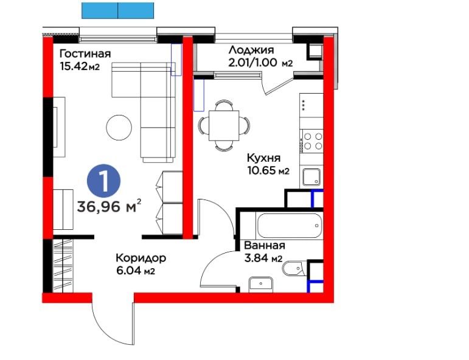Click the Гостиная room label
point(85,54)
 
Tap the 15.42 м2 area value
point(80,66)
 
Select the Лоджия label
point(251,50)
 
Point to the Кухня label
point(263,157)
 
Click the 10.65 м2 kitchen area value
point(268,170)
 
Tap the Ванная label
point(265,246)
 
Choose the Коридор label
point(141,258)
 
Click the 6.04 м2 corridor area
point(136,271)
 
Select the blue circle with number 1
point(104,181)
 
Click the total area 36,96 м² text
point(109,206)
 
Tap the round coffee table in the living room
point(119,127)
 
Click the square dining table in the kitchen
point(224,125)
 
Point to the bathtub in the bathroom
point(289,226)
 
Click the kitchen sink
point(311,177)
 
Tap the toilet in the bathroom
point(294,269)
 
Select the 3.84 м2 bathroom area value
point(263,258)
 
